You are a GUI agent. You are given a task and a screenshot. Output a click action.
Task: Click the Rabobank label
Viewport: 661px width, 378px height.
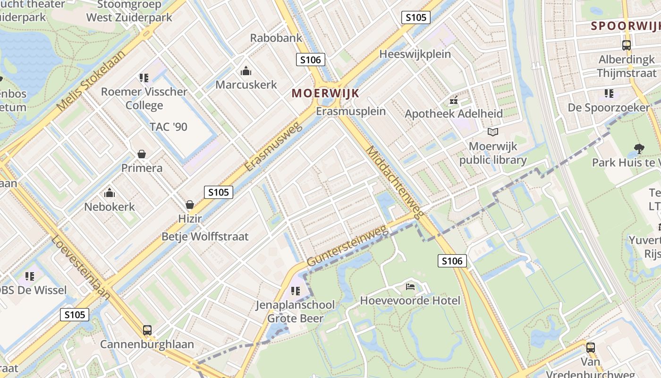(276, 38)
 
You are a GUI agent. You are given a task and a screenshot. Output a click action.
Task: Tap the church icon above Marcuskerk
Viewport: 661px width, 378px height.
(246, 71)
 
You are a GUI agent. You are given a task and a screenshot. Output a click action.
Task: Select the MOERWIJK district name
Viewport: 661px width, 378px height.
(325, 93)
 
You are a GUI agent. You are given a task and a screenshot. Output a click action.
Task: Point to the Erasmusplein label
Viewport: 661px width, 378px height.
(351, 112)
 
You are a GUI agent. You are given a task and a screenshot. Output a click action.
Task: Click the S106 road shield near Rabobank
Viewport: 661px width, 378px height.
(310, 60)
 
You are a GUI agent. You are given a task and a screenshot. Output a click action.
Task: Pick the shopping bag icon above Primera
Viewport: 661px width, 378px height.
(141, 154)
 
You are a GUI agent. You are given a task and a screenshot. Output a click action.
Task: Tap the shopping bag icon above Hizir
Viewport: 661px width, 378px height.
(190, 205)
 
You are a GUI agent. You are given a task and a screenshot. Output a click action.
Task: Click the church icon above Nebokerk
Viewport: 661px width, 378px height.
(110, 193)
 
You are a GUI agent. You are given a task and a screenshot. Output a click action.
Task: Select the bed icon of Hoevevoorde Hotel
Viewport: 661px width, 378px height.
(410, 287)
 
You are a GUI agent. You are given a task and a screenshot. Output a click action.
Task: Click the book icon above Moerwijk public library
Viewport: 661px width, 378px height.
(493, 132)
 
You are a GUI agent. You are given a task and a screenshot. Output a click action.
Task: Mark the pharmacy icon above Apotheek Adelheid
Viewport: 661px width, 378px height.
(454, 100)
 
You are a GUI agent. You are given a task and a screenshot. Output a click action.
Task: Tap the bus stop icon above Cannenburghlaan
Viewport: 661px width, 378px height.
(147, 330)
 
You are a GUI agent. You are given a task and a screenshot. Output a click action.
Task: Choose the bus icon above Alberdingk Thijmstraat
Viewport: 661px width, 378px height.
(627, 45)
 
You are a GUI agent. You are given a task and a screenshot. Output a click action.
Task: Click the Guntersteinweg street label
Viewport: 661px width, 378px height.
(347, 246)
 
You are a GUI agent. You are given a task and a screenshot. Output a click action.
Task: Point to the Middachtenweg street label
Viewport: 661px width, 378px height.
(394, 182)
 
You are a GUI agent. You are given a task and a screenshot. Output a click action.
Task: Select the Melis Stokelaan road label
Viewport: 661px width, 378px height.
(91, 80)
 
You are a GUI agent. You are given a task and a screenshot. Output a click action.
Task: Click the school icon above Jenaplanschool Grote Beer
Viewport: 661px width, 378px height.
(296, 291)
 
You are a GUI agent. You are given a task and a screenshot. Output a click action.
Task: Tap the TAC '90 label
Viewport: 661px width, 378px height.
(168, 127)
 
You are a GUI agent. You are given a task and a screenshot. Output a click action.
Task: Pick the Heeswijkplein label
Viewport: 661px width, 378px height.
(415, 54)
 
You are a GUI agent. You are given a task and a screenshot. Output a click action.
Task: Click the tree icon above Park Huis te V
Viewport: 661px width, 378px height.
(639, 149)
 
